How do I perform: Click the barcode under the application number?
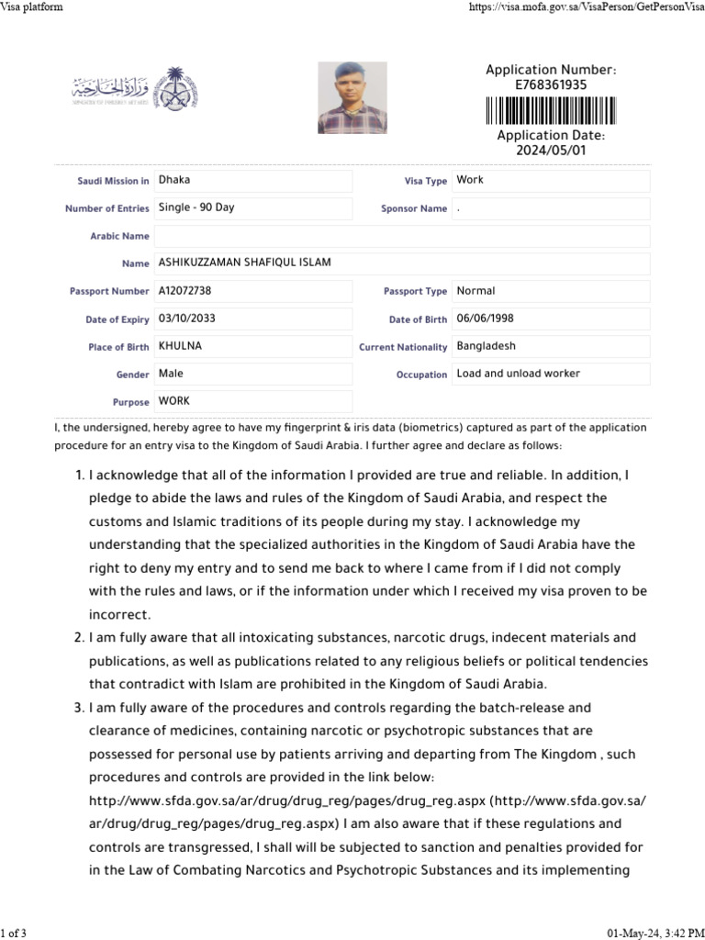(x=551, y=110)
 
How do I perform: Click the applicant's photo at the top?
(x=352, y=97)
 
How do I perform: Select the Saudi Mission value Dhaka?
(x=174, y=180)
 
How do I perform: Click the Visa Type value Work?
(x=469, y=180)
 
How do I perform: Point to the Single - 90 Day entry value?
(x=196, y=207)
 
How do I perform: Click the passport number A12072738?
(x=185, y=290)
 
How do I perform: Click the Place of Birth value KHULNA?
(x=180, y=346)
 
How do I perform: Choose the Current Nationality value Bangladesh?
(x=486, y=346)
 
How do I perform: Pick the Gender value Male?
(x=171, y=374)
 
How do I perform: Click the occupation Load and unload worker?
(x=518, y=374)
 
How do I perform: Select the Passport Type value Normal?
(x=476, y=290)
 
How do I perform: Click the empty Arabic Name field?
(x=401, y=236)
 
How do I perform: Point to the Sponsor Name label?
(x=414, y=209)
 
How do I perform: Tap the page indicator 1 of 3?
(x=14, y=934)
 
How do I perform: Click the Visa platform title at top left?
(x=32, y=7)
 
